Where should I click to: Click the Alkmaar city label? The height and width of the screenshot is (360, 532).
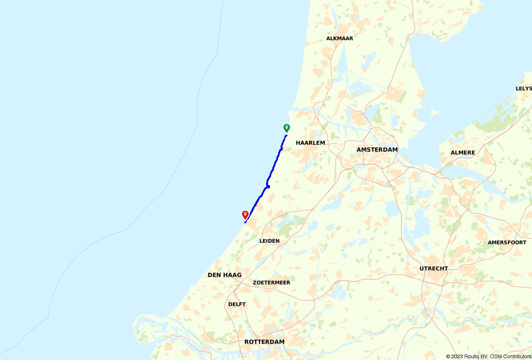coord(340,39)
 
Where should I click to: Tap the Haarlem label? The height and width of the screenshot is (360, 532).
coord(310,143)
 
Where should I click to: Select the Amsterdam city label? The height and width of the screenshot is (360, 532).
coord(377,150)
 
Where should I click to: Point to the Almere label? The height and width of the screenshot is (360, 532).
coord(463,153)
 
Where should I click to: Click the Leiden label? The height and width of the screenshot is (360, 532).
coord(269,241)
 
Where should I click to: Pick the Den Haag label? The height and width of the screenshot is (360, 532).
coord(224,275)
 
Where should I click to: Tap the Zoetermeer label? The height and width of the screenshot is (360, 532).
coord(271,283)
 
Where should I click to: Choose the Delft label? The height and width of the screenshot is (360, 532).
coord(237,304)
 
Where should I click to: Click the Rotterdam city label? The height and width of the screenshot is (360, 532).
coord(264,342)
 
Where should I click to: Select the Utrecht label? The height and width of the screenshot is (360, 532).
coord(433,269)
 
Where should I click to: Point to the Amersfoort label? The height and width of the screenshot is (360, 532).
coord(507,243)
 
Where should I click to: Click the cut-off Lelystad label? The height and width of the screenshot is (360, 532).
coord(523,89)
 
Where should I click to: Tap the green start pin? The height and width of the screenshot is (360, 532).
coord(286,128)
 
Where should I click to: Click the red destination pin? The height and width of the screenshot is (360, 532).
coord(245,215)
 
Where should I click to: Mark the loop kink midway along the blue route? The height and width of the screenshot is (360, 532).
coord(268,186)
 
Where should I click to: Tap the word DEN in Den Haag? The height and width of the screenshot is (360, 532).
coord(214,275)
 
